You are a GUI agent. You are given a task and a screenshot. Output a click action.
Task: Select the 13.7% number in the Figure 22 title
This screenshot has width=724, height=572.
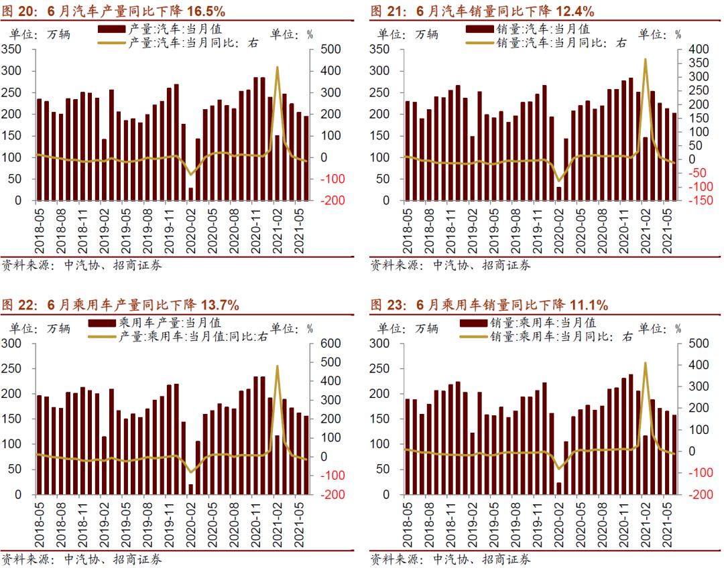point(219,305)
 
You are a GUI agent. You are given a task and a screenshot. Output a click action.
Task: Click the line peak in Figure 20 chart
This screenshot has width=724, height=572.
point(278,68)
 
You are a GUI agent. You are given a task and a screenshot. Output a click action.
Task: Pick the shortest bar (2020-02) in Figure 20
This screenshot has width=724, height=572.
point(191,194)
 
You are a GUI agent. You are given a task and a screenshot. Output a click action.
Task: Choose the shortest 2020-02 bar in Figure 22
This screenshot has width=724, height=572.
point(191,489)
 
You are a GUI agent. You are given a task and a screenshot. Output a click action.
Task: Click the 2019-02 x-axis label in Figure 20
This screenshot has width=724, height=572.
point(104,229)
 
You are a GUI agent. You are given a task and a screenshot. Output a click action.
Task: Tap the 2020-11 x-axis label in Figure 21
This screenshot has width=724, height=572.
point(624,229)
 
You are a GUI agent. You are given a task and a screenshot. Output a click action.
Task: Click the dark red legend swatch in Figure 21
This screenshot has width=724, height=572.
point(479,29)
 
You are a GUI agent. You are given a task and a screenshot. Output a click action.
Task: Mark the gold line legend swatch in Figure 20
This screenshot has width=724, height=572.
point(111,42)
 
